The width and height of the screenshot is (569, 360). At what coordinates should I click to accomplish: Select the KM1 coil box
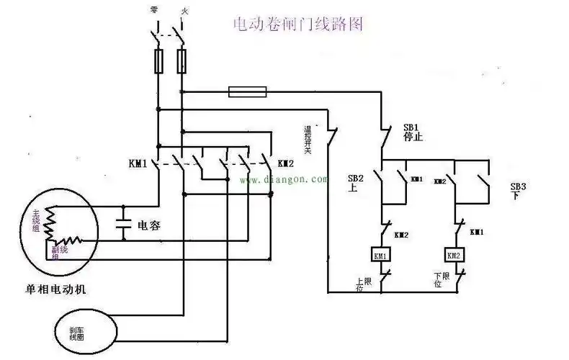pos(380,256)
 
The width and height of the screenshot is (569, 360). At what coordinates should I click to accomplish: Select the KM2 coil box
pos(454,256)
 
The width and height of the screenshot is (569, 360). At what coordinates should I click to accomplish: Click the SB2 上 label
pos(356,182)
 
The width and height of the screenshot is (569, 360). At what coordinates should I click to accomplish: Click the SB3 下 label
pos(519,191)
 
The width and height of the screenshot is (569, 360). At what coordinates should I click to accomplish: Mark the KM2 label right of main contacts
pos(286,163)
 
